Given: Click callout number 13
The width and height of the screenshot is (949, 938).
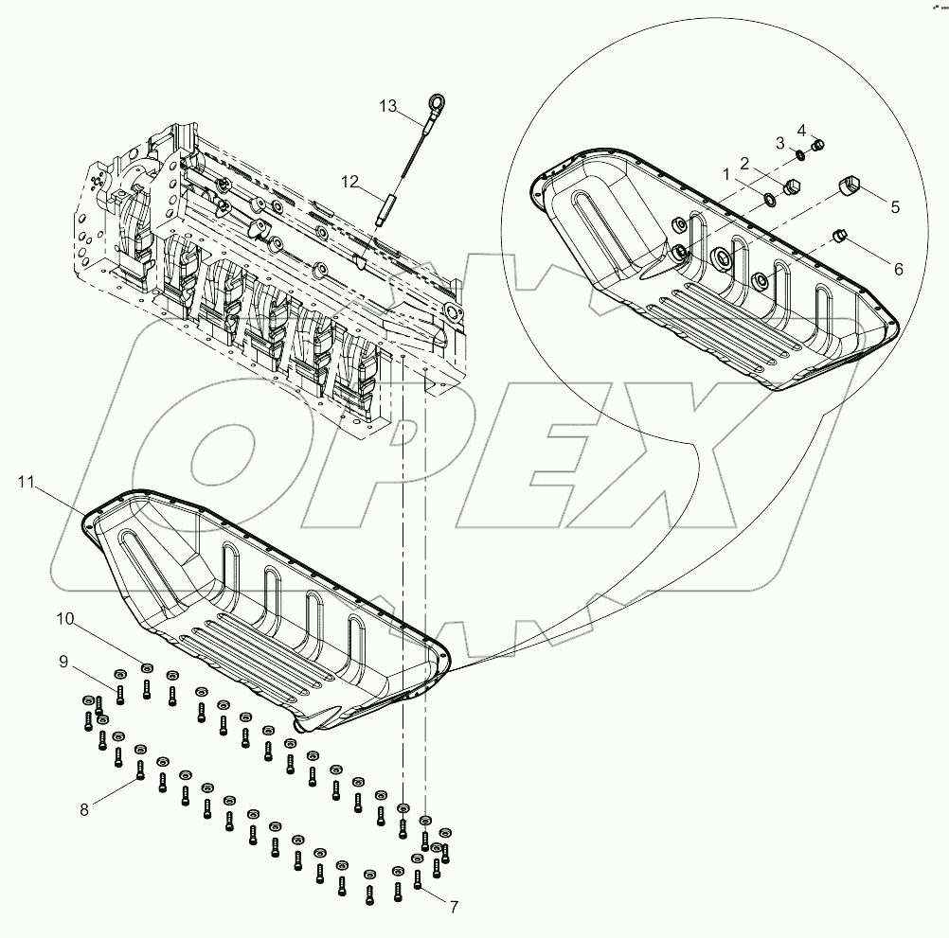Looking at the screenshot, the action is coord(388,106).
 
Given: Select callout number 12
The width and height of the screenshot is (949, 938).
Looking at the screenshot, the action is coord(350,180).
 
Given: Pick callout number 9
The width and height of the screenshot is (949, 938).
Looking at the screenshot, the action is coord(64,662).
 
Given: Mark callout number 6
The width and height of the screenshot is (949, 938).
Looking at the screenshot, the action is coord(896,268).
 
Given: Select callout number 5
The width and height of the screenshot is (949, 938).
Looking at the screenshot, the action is coord(893,204).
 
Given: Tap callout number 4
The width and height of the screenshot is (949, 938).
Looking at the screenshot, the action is coord(800,129).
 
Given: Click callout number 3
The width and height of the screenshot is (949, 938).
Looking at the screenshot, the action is coord(780,142).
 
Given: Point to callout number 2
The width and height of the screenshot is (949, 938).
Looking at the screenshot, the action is coord(744,162).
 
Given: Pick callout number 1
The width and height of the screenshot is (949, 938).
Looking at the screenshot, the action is coord(726,175).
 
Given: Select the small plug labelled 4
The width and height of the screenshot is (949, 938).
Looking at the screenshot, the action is coord(820,145).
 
